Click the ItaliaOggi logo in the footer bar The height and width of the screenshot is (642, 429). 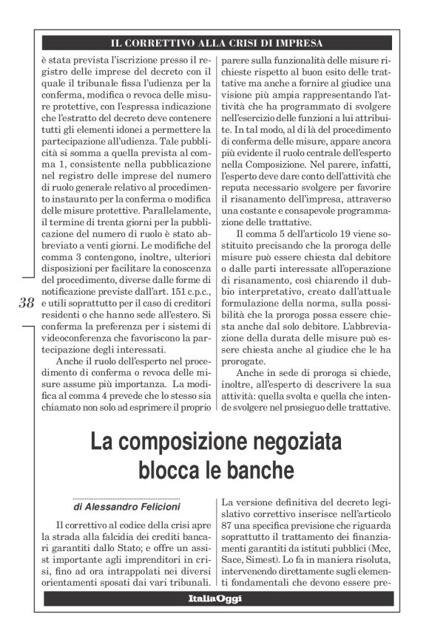pyautogui.click(x=214, y=599)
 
